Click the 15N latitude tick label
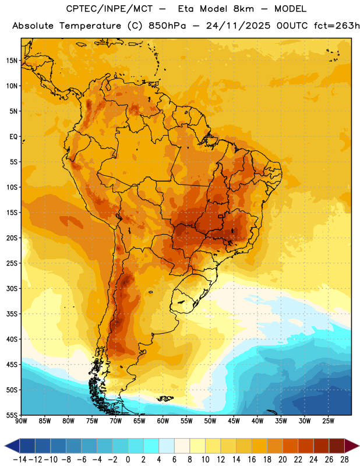click(x=12, y=61)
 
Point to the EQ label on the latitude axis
click(x=13, y=137)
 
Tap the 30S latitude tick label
click(x=12, y=288)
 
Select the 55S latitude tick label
click(x=12, y=415)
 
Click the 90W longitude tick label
click(x=21, y=421)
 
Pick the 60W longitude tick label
click(x=163, y=421)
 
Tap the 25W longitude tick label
click(x=328, y=421)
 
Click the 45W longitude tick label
click(x=234, y=421)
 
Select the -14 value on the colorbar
click(x=20, y=460)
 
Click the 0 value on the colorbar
click(x=128, y=460)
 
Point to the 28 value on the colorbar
click(x=344, y=460)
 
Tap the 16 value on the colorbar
click(x=252, y=460)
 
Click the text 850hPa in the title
click(x=167, y=26)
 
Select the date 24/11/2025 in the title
click(x=238, y=26)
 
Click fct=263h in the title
click(x=337, y=26)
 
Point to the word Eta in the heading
click(x=186, y=9)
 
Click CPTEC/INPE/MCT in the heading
click(x=110, y=9)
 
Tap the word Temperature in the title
click(x=90, y=26)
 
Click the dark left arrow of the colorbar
click(x=12, y=446)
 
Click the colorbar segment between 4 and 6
click(x=167, y=446)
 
